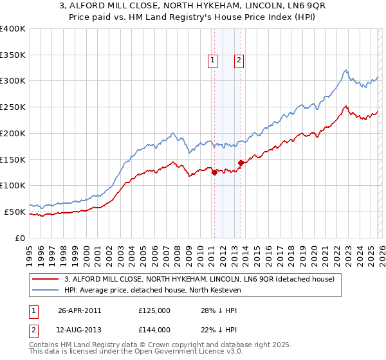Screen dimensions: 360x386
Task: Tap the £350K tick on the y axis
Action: click(x=12, y=55)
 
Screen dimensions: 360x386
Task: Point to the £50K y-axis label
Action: click(x=14, y=212)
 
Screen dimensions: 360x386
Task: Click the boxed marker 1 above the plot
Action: click(x=212, y=60)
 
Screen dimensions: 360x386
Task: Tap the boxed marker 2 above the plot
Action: click(x=239, y=60)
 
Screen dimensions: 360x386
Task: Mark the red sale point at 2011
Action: click(x=214, y=172)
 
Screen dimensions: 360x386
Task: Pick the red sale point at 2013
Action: click(x=241, y=163)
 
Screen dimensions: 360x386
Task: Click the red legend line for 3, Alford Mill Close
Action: click(x=45, y=280)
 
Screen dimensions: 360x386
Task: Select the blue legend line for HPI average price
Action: click(x=45, y=291)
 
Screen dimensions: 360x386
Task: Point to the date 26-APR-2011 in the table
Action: click(x=80, y=310)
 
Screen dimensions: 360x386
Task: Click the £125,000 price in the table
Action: click(x=154, y=310)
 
